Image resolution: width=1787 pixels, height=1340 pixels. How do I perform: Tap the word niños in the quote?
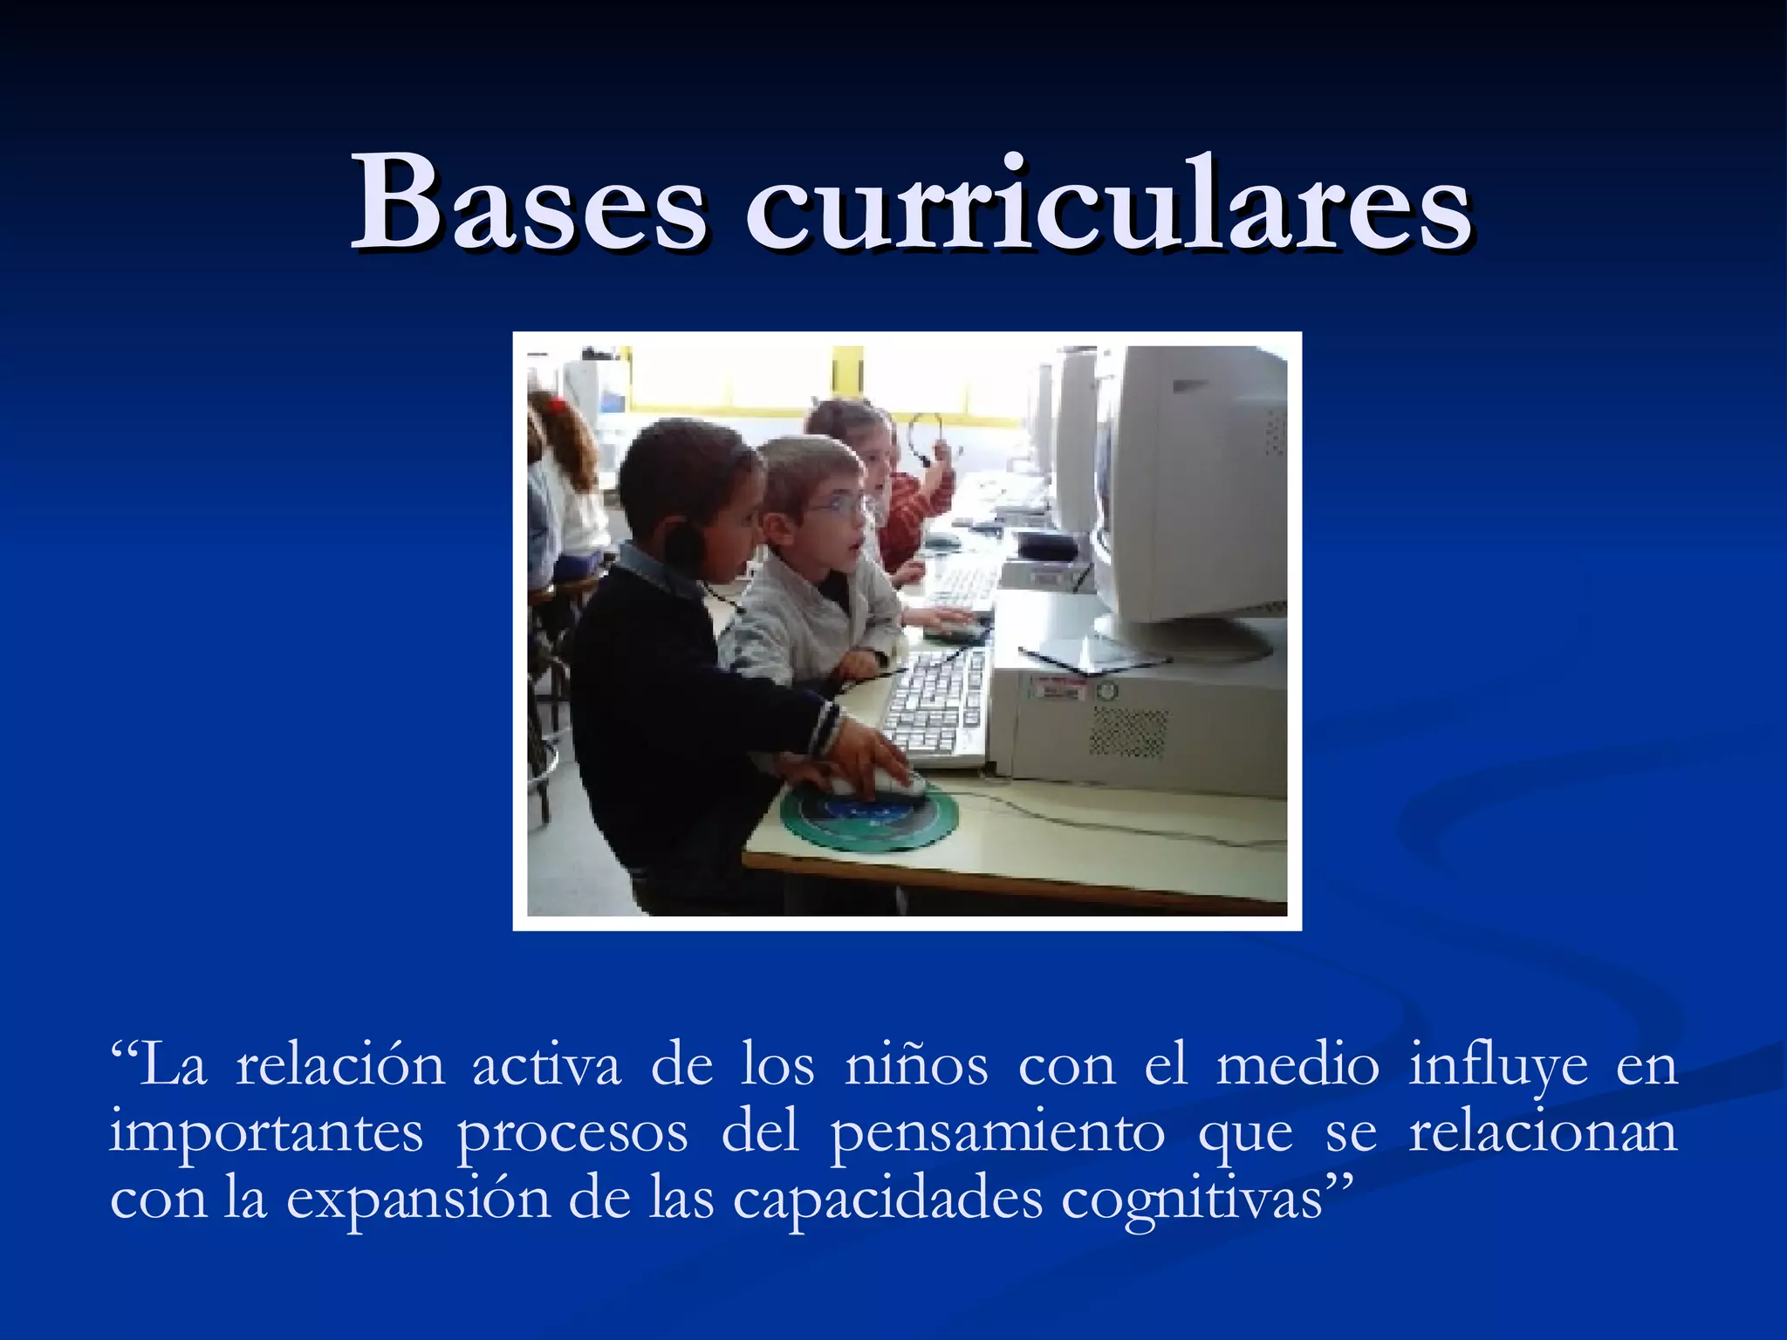(916, 1066)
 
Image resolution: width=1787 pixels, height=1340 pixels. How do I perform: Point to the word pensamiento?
(996, 1134)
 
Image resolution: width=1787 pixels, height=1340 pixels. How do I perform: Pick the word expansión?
(418, 1200)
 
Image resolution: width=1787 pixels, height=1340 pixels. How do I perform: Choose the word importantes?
(266, 1134)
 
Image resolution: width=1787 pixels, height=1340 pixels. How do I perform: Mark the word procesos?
(572, 1134)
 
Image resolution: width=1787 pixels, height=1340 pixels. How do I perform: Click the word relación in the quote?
(340, 1066)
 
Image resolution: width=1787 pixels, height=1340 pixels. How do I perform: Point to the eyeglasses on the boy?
(839, 505)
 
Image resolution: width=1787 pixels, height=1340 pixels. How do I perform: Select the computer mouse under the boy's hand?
(890, 781)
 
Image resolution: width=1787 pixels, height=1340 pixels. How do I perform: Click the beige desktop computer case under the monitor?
(1143, 724)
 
